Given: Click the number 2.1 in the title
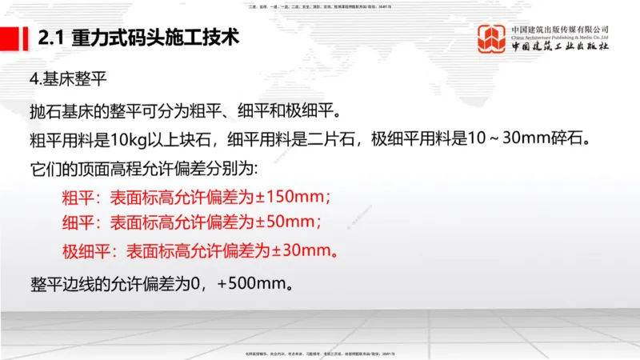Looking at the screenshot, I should pyautogui.click(x=52, y=37).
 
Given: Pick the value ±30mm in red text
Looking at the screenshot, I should pyautogui.click(x=301, y=250).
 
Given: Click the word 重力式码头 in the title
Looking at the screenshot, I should pyautogui.click(x=111, y=37).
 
